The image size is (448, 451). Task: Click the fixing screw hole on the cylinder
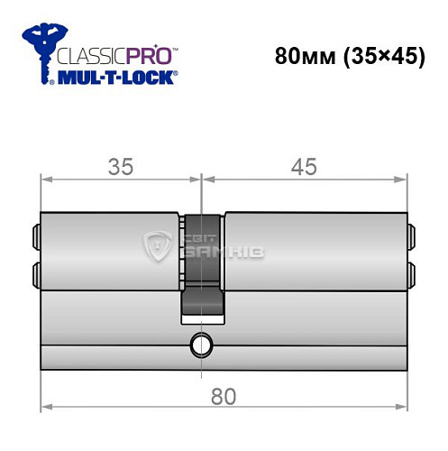[198, 344]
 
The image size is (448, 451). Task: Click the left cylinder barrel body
[108, 252]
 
